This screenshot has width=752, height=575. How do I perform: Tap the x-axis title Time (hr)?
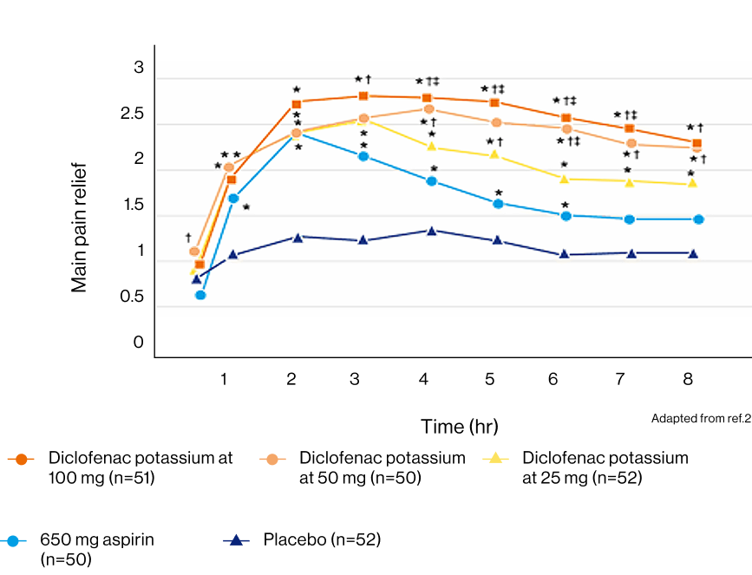point(460,427)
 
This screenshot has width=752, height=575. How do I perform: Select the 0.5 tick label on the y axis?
point(132,297)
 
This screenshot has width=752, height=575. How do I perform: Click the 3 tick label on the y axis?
point(139,69)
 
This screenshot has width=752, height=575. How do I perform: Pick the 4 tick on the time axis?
point(423,379)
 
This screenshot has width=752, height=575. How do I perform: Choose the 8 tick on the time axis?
point(688,379)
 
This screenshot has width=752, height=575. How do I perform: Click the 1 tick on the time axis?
point(224,379)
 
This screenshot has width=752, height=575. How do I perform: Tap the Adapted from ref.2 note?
point(701,419)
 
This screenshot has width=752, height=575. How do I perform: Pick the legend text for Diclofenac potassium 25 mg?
point(605,467)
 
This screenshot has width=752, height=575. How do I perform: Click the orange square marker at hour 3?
point(363,96)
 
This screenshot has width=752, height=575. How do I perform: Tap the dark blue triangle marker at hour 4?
point(432,231)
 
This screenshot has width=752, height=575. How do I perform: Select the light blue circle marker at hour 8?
point(697,219)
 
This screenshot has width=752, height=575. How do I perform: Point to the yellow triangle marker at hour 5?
point(494,155)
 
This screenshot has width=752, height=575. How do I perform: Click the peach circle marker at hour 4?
point(429,109)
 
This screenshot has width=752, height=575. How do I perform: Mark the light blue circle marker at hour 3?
point(363,156)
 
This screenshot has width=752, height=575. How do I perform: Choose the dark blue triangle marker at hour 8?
point(692,253)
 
